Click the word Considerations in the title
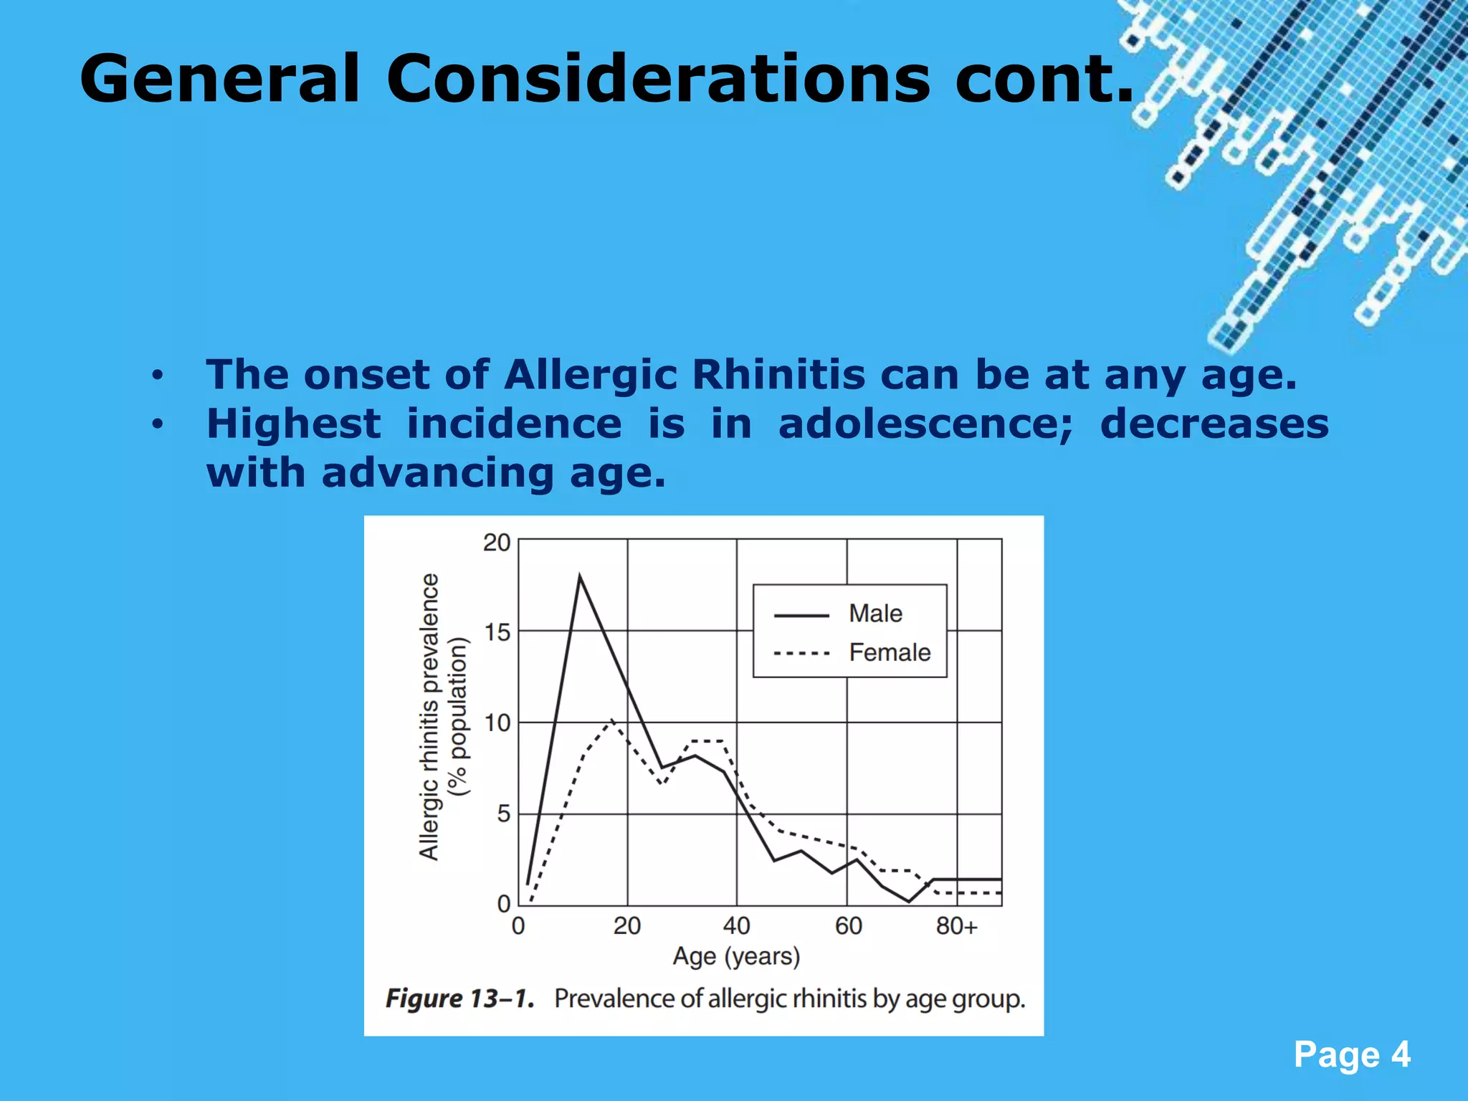click(x=658, y=79)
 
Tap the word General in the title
click(x=219, y=79)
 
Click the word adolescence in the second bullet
click(x=925, y=424)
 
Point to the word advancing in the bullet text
click(x=437, y=473)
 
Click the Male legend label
click(x=875, y=614)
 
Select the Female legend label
click(x=890, y=652)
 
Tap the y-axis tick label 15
click(x=497, y=632)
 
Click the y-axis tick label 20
click(x=496, y=543)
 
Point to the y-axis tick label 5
click(x=503, y=814)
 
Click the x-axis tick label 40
click(x=736, y=926)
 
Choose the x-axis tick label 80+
click(x=956, y=926)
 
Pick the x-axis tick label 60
click(x=848, y=926)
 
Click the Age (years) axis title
click(x=736, y=956)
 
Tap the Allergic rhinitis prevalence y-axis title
click(x=429, y=717)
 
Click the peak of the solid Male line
click(x=579, y=576)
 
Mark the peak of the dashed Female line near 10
click(x=611, y=720)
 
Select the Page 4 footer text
click(x=1352, y=1054)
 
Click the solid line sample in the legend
click(x=801, y=615)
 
